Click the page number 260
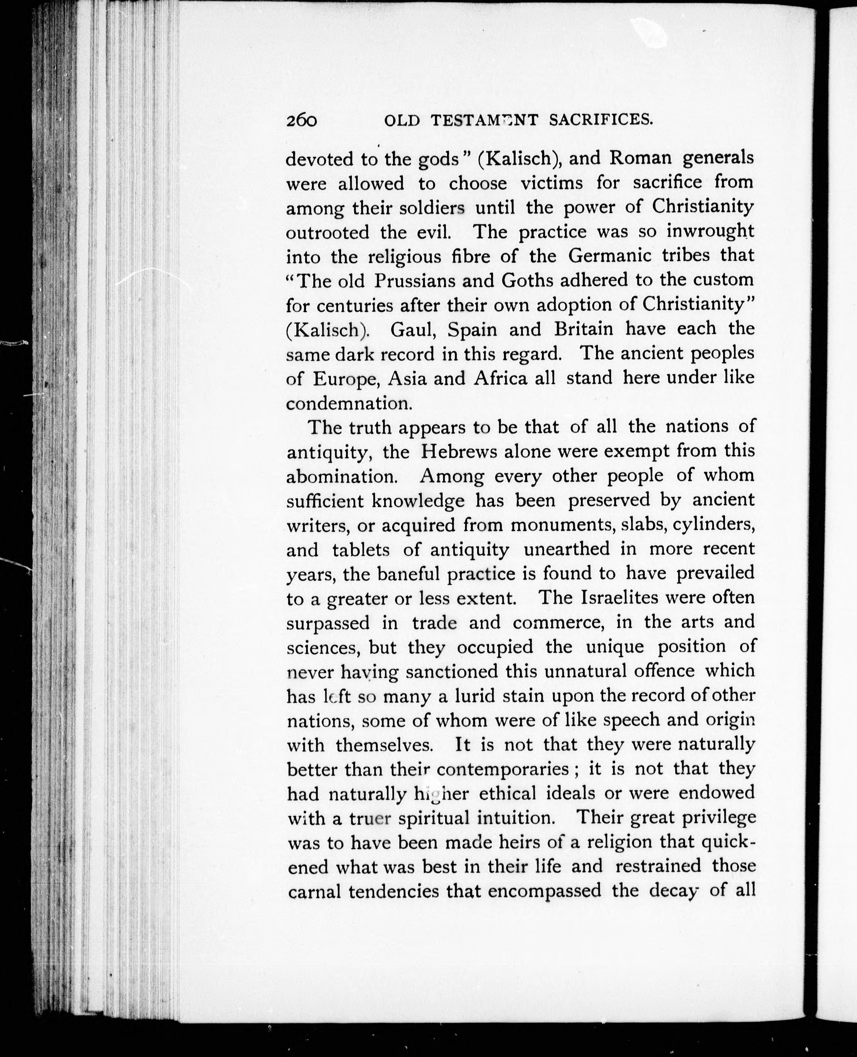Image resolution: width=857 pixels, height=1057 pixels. point(301,120)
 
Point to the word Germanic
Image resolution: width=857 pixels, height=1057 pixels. point(607,256)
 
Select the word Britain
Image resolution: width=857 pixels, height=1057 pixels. point(583,329)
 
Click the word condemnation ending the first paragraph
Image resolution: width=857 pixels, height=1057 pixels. point(349,403)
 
